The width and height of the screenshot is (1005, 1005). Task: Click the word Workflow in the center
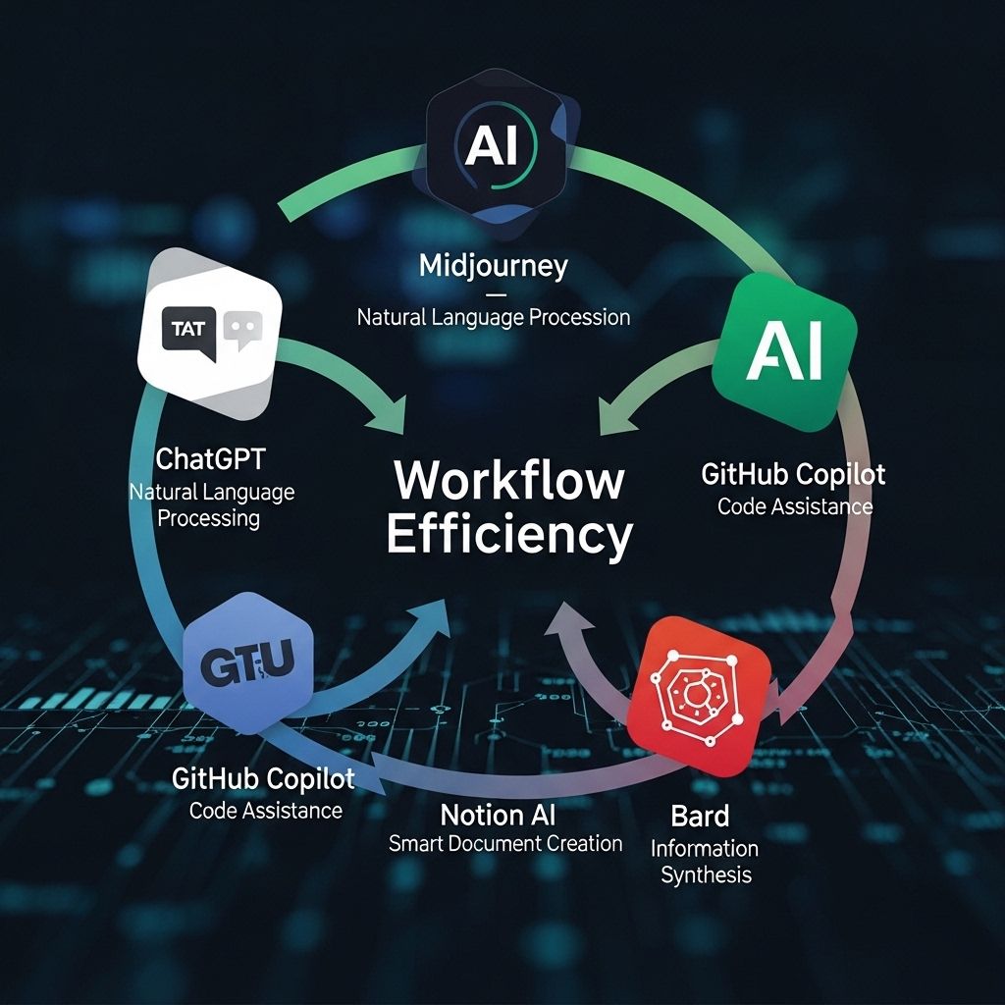tap(508, 481)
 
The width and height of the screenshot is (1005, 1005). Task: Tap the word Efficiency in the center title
tap(508, 535)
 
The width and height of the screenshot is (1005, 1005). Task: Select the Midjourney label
tap(494, 265)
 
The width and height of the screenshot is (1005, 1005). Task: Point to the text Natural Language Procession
tap(494, 317)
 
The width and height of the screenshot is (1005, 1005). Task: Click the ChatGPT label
tap(210, 457)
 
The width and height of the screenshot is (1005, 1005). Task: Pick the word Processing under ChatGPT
tap(208, 517)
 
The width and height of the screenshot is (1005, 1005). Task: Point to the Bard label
tap(700, 815)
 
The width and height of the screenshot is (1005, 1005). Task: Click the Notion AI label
tap(498, 814)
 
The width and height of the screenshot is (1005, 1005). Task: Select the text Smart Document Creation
tap(505, 843)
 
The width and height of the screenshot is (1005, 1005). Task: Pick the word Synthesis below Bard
tap(705, 874)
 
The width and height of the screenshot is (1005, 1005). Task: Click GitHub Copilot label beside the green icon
tap(793, 475)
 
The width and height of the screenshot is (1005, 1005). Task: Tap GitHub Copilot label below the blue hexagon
tap(263, 779)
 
